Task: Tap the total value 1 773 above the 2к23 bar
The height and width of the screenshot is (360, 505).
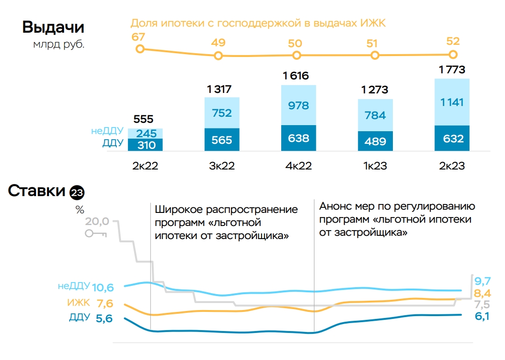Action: tap(452, 70)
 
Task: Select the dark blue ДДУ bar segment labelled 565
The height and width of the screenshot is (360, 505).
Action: tap(222, 140)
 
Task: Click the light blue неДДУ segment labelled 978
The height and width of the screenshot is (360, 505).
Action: tap(299, 106)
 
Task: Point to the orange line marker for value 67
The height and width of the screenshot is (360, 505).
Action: tap(139, 49)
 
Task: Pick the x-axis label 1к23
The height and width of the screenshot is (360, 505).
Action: tap(375, 166)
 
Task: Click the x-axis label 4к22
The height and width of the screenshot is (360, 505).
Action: tap(299, 166)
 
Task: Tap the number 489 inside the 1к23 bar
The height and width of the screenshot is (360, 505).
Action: tap(375, 141)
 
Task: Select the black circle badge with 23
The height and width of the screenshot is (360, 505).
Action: tap(77, 192)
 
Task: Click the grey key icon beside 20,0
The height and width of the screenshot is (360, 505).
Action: tap(96, 233)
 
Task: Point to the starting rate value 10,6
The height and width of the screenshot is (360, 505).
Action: tap(103, 287)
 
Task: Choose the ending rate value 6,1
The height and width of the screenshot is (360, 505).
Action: tap(482, 316)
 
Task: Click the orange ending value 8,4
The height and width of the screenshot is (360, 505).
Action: tap(482, 294)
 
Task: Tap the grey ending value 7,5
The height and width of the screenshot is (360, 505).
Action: tap(482, 305)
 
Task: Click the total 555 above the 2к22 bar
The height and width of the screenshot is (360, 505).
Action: tap(143, 119)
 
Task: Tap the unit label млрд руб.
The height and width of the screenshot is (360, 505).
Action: tap(59, 45)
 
